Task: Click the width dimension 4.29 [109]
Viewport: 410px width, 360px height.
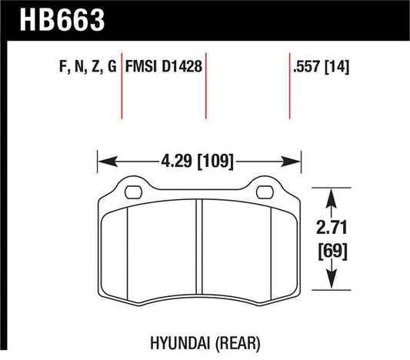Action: [198, 162]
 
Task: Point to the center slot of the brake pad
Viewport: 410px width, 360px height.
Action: [198, 246]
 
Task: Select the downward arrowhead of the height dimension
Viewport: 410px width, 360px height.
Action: [331, 282]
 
